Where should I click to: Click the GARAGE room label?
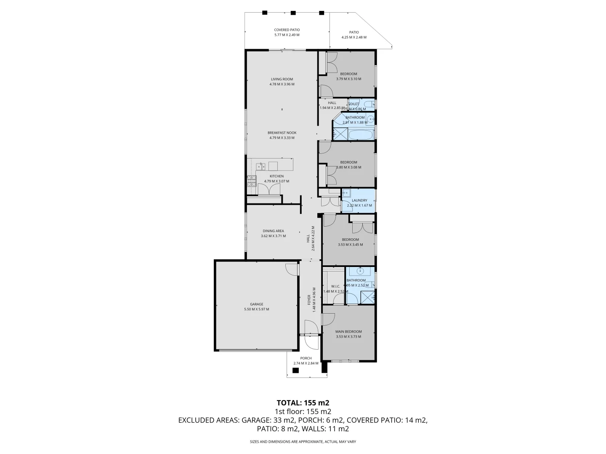[256, 304]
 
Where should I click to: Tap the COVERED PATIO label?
[287, 30]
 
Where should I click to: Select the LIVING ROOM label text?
[282, 79]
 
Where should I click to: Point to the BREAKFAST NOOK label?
[282, 133]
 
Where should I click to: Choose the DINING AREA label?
[273, 231]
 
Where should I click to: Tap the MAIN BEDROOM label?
[348, 331]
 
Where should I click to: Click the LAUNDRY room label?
[359, 201]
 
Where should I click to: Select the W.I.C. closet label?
[335, 286]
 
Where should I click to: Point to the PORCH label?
[306, 358]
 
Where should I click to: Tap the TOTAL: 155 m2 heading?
[303, 402]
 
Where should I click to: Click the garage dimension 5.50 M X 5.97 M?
[256, 309]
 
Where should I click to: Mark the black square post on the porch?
[295, 370]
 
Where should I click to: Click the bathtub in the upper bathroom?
[361, 135]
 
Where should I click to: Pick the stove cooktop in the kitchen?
[251, 181]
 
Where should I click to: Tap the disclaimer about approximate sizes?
[303, 442]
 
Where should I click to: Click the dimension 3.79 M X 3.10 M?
[348, 79]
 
